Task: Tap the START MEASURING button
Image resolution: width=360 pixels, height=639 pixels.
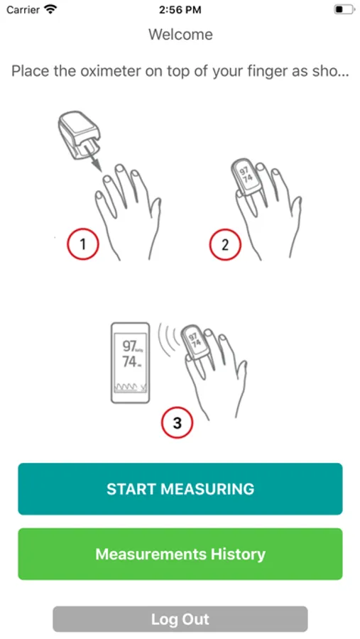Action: point(180,488)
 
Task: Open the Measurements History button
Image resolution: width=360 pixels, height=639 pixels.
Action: point(180,554)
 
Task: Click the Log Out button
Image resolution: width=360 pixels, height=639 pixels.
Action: point(180,619)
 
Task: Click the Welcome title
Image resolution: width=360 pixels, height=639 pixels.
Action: point(180,34)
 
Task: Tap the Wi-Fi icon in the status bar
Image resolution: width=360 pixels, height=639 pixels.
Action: point(50,9)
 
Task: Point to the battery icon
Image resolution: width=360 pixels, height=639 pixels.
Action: point(344,9)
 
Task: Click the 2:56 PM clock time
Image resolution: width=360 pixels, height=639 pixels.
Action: point(180,10)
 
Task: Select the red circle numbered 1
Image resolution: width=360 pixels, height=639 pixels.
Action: point(83,244)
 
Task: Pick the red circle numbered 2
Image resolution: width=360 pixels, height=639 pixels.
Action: point(225,245)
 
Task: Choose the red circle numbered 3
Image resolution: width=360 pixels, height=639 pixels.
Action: point(177,422)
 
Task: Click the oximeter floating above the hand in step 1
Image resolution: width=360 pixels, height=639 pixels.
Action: point(79,133)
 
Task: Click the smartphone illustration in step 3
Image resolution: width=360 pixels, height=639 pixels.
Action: point(131,363)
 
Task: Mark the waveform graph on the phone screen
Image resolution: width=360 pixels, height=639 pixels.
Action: point(131,387)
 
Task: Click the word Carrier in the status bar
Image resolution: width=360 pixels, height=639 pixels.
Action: point(23,10)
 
